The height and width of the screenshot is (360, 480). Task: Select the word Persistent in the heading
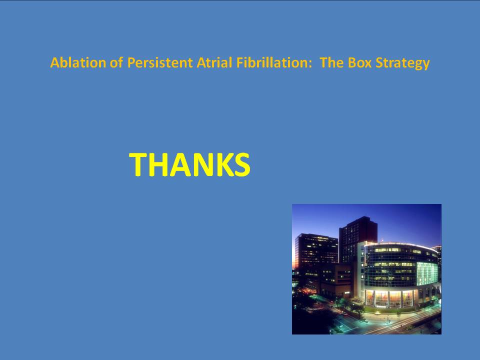point(160,62)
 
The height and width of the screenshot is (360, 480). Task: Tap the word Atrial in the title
point(214,62)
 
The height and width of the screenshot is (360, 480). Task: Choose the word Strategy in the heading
point(402,63)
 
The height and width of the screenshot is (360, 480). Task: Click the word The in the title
point(332,62)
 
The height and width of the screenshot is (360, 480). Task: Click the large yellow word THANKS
point(190,164)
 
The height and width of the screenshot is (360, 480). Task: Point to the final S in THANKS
point(242,164)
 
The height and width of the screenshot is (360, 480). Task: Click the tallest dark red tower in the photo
point(358,242)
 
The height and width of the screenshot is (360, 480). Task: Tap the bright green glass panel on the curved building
point(427,273)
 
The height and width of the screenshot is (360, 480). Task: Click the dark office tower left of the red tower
point(316,254)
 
